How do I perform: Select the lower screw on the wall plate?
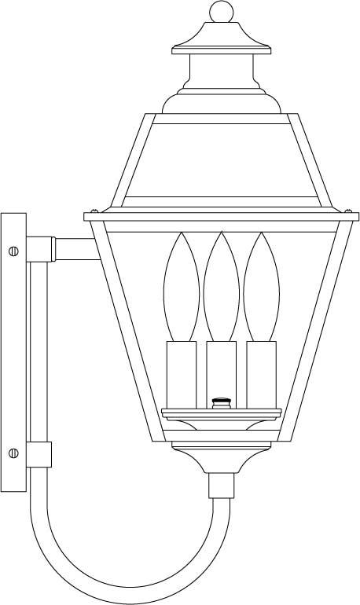13,453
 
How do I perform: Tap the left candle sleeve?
180,373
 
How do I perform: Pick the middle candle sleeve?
221,373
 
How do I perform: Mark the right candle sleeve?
262,373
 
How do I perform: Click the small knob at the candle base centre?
221,403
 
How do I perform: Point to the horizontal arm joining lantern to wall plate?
75,250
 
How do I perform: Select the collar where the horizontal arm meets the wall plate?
40,250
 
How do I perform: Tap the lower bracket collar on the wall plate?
39,453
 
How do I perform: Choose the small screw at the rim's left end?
94,211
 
